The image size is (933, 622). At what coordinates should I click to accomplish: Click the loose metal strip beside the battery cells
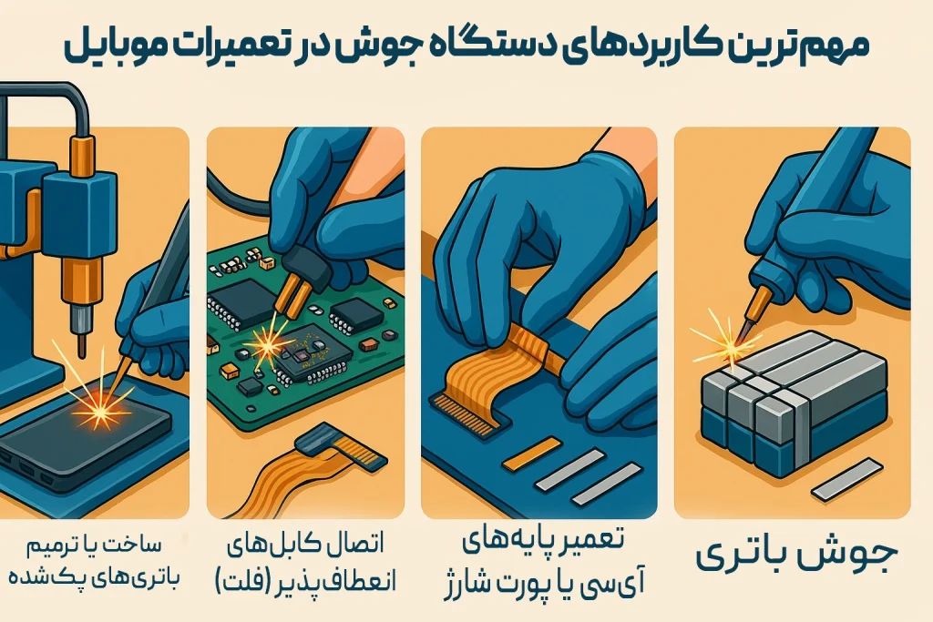pos(846,479)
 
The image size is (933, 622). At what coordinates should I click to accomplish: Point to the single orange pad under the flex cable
pos(531,454)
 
